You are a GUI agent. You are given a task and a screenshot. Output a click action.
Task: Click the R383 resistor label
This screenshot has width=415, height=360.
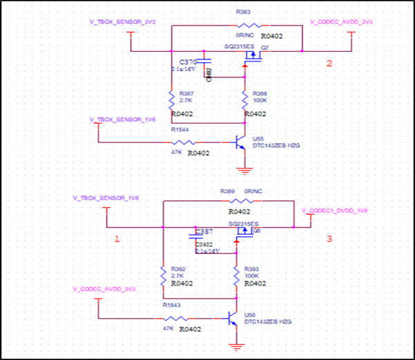tap(243, 12)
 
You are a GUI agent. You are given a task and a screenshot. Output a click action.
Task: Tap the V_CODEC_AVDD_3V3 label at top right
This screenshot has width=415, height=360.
tap(342, 22)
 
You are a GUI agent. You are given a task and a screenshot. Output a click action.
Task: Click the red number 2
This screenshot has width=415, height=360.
tap(329, 64)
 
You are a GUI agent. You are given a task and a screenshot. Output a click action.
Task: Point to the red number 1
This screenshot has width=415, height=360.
tap(117, 239)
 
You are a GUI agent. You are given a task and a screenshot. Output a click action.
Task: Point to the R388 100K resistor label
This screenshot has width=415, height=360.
tap(260, 93)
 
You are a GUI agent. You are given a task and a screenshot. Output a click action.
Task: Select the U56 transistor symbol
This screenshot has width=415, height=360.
tap(233, 319)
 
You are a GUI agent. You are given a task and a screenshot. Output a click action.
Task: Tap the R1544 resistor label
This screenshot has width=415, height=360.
tap(179, 129)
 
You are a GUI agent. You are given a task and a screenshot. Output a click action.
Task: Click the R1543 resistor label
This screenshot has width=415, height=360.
tap(172, 305)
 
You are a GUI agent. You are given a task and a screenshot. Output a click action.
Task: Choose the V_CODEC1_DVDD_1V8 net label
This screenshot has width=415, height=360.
tap(335, 210)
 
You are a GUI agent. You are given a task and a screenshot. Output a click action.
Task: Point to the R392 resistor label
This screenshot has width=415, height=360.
tap(178, 269)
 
